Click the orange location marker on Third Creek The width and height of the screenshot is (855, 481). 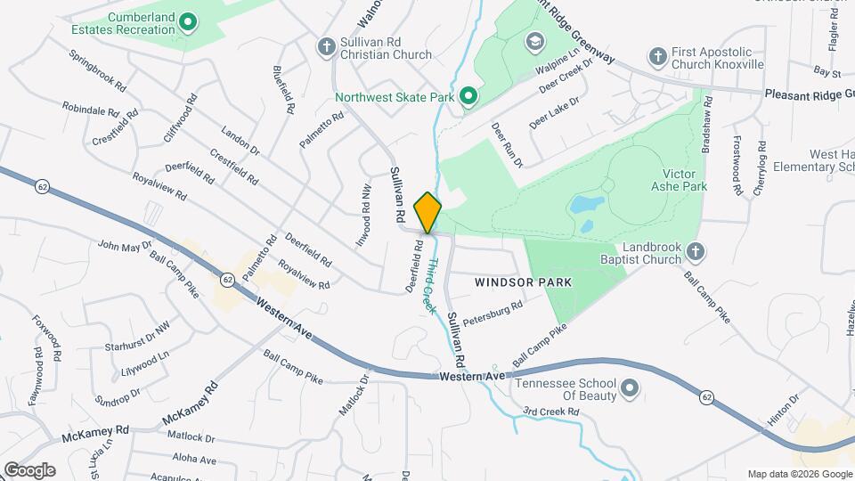pyautogui.click(x=428, y=212)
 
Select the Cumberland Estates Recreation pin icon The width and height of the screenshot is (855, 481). pyautogui.click(x=187, y=21)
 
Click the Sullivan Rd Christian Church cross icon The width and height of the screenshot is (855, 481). pyautogui.click(x=327, y=45)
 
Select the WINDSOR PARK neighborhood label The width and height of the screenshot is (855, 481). pyautogui.click(x=522, y=281)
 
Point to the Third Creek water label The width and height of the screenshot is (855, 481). pyautogui.click(x=429, y=285)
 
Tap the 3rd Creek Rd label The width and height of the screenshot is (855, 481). pyautogui.click(x=550, y=412)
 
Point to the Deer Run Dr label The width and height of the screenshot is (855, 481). pyautogui.click(x=506, y=143)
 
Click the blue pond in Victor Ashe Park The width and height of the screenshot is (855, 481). pyautogui.click(x=586, y=207)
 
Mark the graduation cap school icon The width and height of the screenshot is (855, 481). pyautogui.click(x=534, y=42)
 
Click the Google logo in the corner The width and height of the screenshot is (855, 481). pyautogui.click(x=29, y=469)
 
